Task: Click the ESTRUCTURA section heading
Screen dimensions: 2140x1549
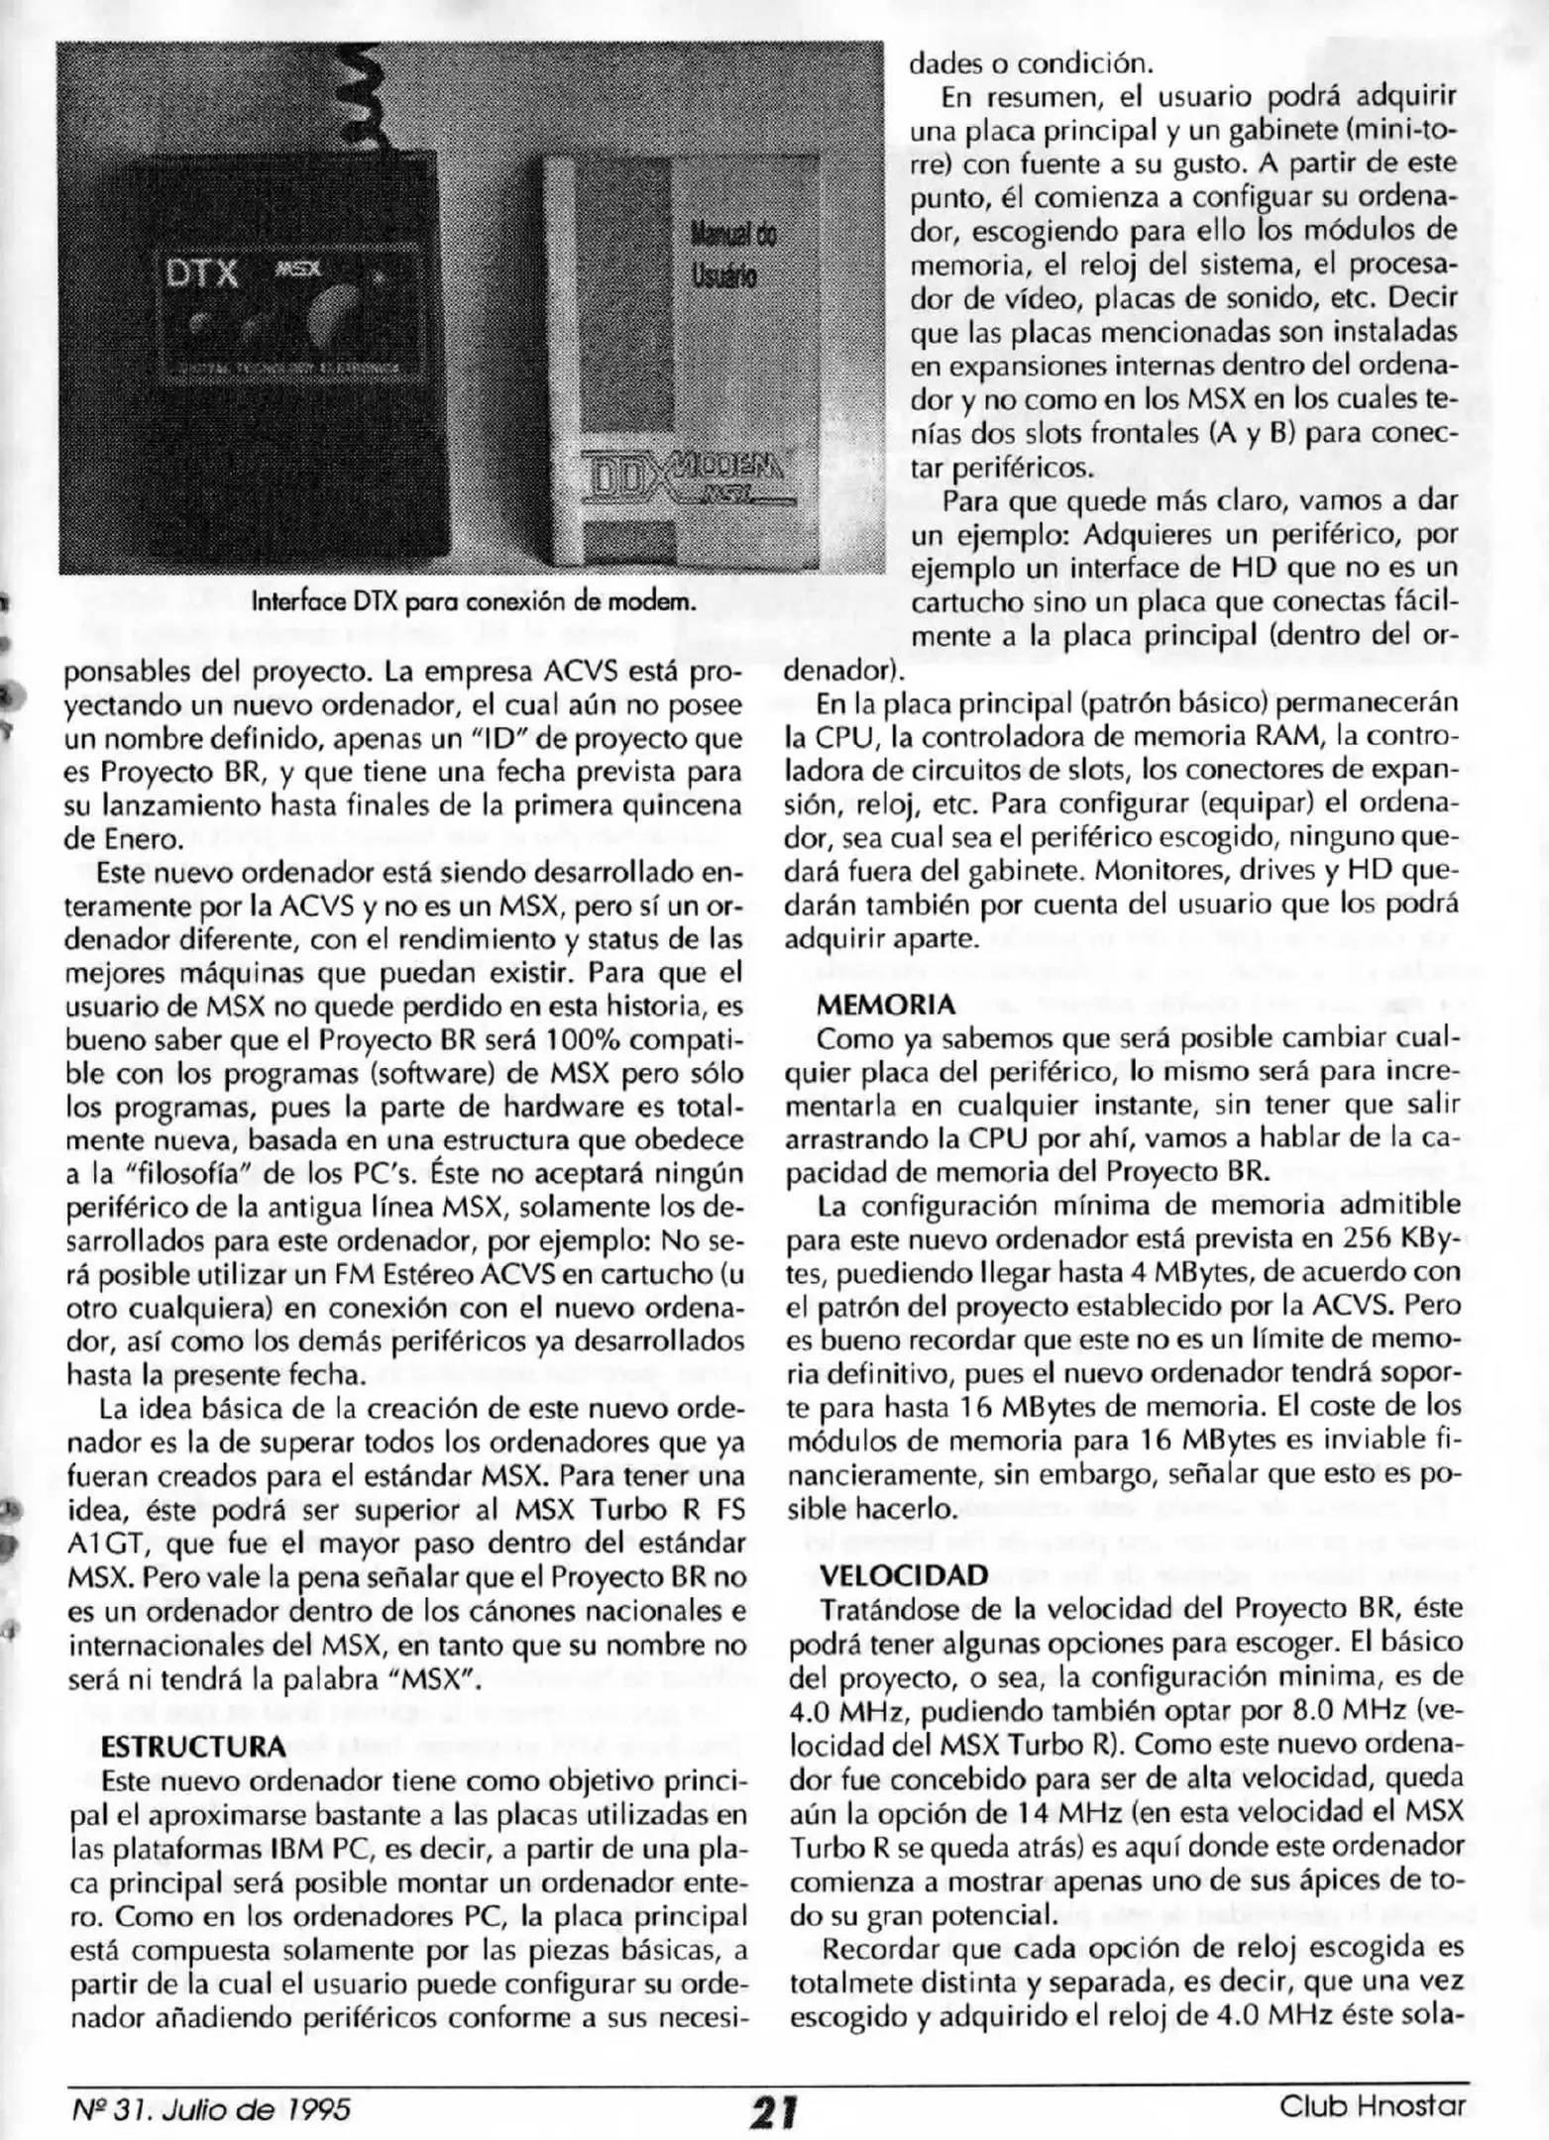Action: click(x=193, y=1746)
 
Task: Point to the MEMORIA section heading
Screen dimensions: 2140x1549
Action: click(x=886, y=1006)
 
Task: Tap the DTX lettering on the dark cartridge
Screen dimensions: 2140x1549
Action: click(x=202, y=273)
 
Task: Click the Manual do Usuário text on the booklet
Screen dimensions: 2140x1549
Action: click(x=732, y=254)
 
